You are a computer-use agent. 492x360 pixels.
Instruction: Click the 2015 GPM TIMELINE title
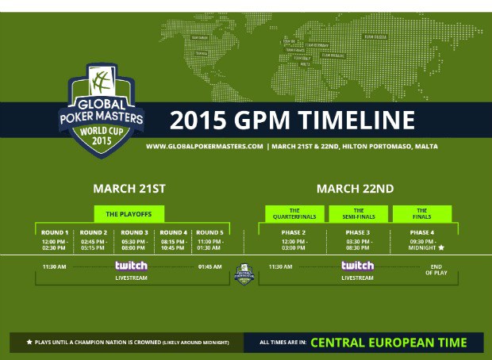tap(293, 120)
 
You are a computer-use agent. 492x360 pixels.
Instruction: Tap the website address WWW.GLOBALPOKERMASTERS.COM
tap(204, 147)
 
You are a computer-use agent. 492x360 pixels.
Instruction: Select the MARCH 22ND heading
tap(355, 189)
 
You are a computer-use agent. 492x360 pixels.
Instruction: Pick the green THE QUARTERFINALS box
tap(288, 213)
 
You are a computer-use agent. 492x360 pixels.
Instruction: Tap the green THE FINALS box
tap(421, 213)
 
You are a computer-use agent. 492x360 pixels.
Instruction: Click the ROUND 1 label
tap(55, 233)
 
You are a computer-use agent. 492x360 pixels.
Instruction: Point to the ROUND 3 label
tap(134, 233)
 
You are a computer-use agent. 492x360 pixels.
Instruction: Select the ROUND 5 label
tap(209, 233)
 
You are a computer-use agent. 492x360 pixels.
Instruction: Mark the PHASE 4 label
tap(422, 233)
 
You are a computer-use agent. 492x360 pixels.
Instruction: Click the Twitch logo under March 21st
tap(130, 266)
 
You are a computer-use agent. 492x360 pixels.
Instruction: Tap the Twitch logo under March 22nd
tap(357, 266)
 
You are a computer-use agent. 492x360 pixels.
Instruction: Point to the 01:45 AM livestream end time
tap(210, 266)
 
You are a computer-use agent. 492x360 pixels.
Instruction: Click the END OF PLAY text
tap(434, 270)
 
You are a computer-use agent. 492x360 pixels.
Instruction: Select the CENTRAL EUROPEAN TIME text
tap(388, 343)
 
